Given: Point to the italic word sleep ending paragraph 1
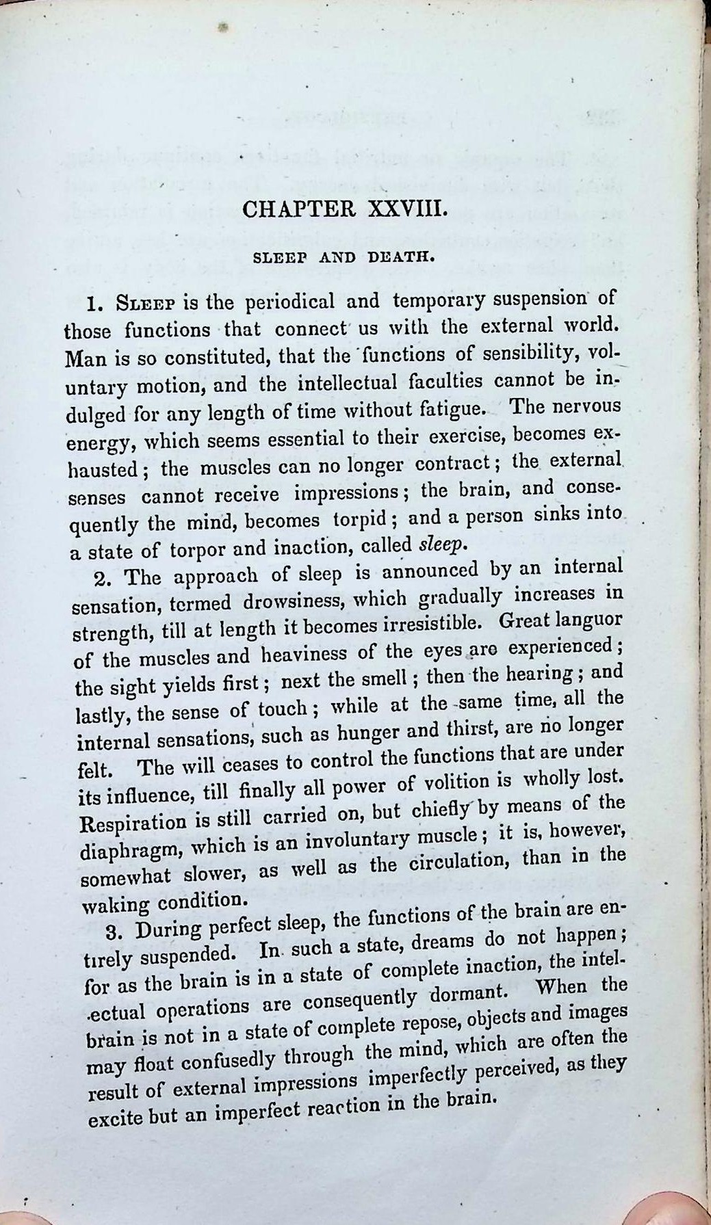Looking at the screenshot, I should [443, 544].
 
